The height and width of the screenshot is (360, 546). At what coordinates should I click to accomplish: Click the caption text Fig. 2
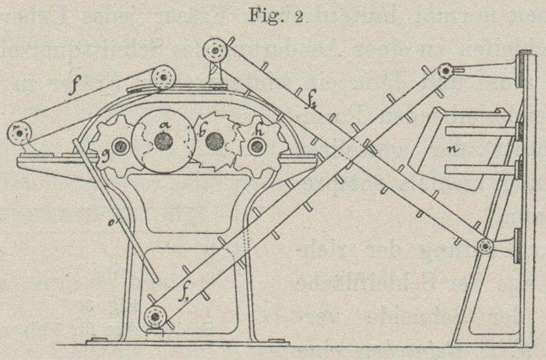point(271,14)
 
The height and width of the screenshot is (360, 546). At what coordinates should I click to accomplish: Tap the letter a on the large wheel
point(162,124)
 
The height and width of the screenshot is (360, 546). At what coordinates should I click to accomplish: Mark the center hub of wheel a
point(162,141)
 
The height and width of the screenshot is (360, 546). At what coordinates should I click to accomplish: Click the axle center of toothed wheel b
point(215,141)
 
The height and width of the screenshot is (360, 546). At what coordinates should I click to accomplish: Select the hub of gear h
point(256,146)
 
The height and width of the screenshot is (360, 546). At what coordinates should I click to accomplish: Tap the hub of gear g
point(121,145)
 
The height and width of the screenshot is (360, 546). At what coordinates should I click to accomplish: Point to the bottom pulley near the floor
point(156,316)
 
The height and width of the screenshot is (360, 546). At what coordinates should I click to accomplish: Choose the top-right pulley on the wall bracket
point(445,71)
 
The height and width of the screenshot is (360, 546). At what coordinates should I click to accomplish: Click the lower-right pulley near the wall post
point(485,247)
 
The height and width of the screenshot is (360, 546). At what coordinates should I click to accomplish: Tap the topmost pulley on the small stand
point(217,50)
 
